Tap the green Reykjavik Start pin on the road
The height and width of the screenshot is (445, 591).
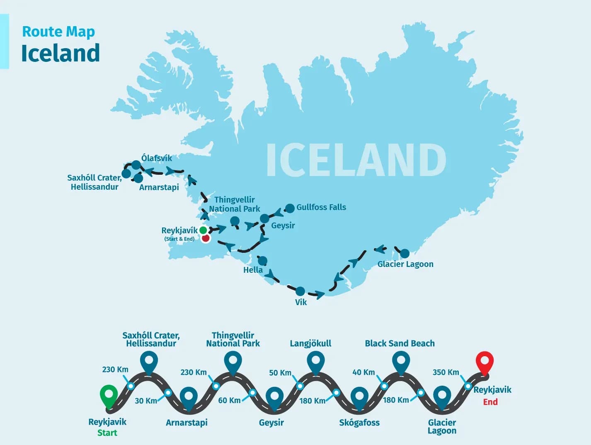point(109,396)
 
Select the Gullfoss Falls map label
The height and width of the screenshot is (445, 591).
point(321,207)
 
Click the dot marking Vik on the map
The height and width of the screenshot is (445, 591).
point(300,291)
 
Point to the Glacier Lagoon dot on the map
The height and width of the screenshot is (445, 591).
point(405,253)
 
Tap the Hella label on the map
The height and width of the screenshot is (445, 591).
point(253,270)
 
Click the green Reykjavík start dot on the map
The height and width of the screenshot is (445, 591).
point(203,230)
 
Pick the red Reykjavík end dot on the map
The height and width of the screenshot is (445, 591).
point(206,238)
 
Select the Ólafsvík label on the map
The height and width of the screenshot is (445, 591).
point(156,158)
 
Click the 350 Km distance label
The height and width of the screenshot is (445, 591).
point(446,372)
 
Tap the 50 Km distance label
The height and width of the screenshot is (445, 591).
point(280,373)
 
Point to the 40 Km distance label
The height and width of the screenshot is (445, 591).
point(363,372)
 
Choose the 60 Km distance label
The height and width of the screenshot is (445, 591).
point(229,400)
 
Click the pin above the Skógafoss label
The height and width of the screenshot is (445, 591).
point(359,398)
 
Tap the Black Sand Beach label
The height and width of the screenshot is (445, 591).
point(400,343)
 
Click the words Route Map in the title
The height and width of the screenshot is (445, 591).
point(58,32)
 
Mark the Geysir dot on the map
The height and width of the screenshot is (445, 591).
point(264,218)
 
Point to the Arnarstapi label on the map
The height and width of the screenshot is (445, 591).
point(159,187)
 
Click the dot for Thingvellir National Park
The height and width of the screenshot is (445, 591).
point(235,220)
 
